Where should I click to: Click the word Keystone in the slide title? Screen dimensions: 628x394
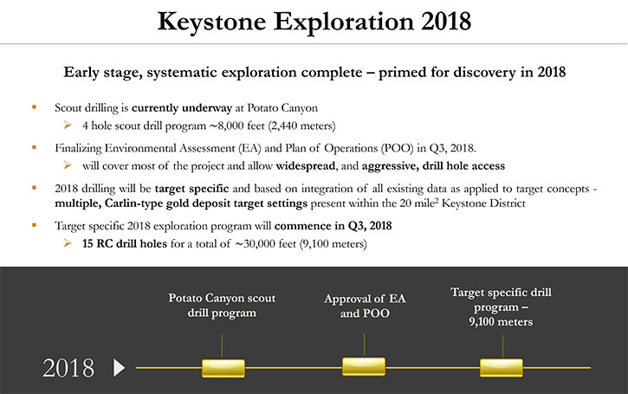point(211,23)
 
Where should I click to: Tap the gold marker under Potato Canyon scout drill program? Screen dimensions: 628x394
point(223,368)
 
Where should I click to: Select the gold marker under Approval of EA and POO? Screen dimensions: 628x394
point(364,367)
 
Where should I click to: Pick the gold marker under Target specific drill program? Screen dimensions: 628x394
point(501,367)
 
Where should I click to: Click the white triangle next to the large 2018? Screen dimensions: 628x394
point(119,367)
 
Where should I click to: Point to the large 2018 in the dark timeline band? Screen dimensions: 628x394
point(68,368)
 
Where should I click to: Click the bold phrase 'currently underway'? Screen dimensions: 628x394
point(182,108)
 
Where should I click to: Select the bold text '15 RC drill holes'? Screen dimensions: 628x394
point(125,243)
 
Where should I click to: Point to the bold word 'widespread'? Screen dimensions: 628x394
point(306,165)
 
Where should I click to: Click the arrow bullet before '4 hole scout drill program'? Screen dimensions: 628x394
point(68,126)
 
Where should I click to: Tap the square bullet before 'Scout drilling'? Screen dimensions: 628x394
point(34,107)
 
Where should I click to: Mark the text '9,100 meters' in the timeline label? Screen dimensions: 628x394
point(501,322)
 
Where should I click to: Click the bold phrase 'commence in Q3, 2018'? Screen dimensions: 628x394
point(333,226)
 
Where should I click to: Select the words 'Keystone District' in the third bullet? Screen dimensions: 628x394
point(483,203)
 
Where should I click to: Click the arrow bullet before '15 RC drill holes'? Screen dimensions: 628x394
point(68,243)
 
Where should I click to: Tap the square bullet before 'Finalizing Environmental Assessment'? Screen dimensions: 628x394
point(34,147)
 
